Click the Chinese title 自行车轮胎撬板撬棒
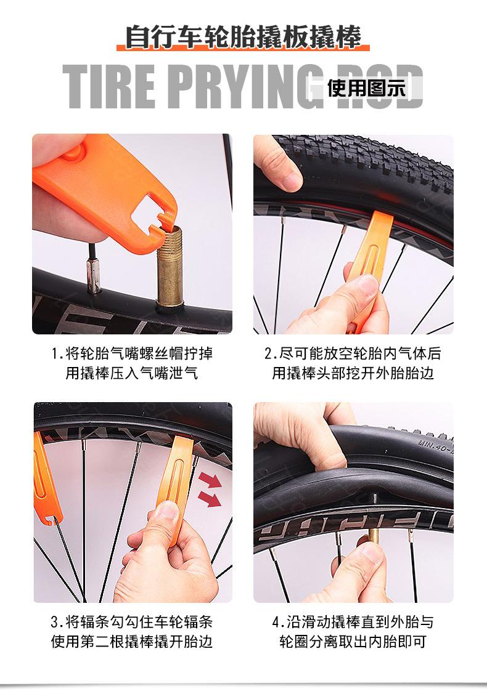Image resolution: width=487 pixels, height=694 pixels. [243, 37]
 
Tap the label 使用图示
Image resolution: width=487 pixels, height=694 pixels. [366, 87]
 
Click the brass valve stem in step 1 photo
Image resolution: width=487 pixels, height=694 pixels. [171, 265]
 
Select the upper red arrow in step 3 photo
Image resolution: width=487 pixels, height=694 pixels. [210, 479]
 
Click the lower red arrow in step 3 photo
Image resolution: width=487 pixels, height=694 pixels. [210, 499]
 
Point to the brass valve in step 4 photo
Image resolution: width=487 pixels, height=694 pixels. [373, 536]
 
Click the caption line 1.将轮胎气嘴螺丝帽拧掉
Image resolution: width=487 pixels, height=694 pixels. [132, 353]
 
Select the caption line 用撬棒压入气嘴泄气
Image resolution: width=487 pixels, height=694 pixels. [131, 373]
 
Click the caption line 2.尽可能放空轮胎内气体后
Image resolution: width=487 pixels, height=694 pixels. [353, 353]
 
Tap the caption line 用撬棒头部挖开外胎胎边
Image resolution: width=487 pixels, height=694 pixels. [353, 373]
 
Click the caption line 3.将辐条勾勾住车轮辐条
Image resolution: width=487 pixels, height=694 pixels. [131, 622]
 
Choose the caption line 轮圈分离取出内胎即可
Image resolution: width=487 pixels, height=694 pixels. [353, 641]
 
